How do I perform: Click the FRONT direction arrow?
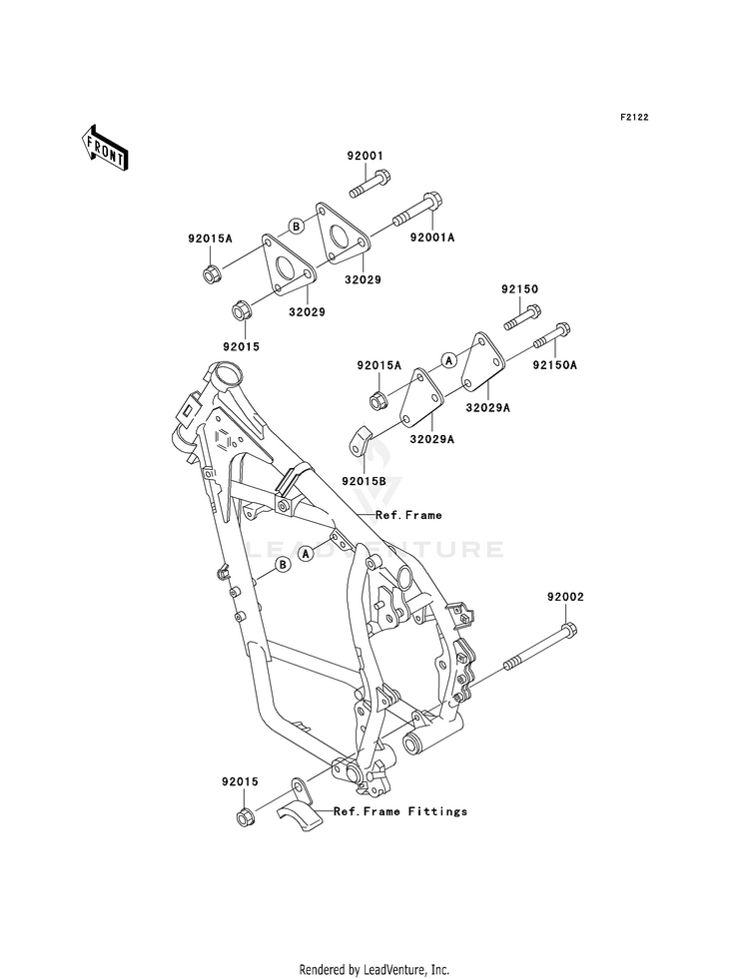pyautogui.click(x=104, y=147)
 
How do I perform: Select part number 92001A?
pyautogui.click(x=432, y=238)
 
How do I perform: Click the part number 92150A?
pyautogui.click(x=554, y=364)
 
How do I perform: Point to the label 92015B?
pyautogui.click(x=365, y=481)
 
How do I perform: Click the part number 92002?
pyautogui.click(x=565, y=597)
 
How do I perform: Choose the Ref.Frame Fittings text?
pyautogui.click(x=400, y=811)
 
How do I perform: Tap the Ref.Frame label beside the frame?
pyautogui.click(x=408, y=515)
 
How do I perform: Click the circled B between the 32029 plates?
pyautogui.click(x=296, y=226)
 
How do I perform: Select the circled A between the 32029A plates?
pyautogui.click(x=447, y=360)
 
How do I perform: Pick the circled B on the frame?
pyautogui.click(x=283, y=565)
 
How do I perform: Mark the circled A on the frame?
pyautogui.click(x=306, y=553)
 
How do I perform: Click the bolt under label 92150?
pyautogui.click(x=523, y=317)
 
